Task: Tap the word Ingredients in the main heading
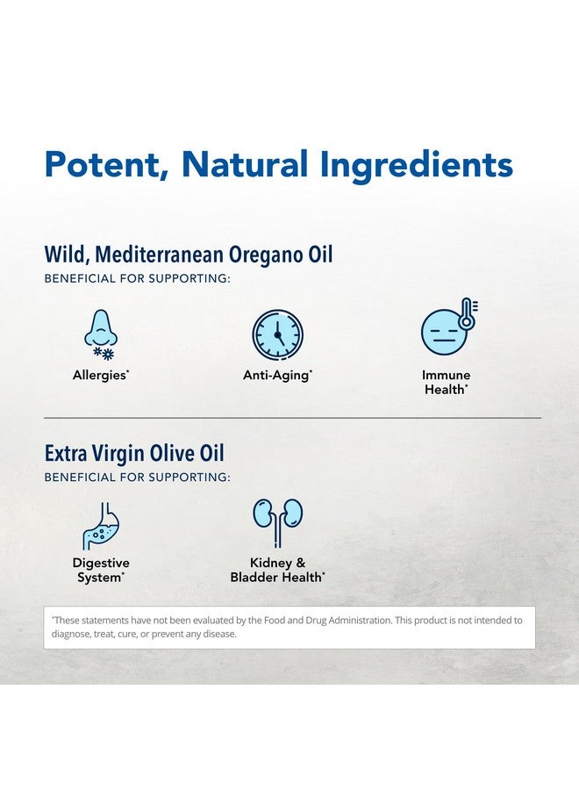coord(417,166)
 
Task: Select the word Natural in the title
coord(245,163)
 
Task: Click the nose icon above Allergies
coord(101,328)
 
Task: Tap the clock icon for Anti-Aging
coord(277,335)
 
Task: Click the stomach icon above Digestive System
coord(101,526)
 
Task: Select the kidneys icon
coord(277,522)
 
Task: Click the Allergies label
coord(101,375)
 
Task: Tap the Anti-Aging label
coord(277,376)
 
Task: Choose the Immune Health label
coord(446,382)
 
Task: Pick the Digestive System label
coord(101,570)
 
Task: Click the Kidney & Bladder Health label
coord(277,570)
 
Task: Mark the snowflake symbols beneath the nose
coord(104,353)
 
